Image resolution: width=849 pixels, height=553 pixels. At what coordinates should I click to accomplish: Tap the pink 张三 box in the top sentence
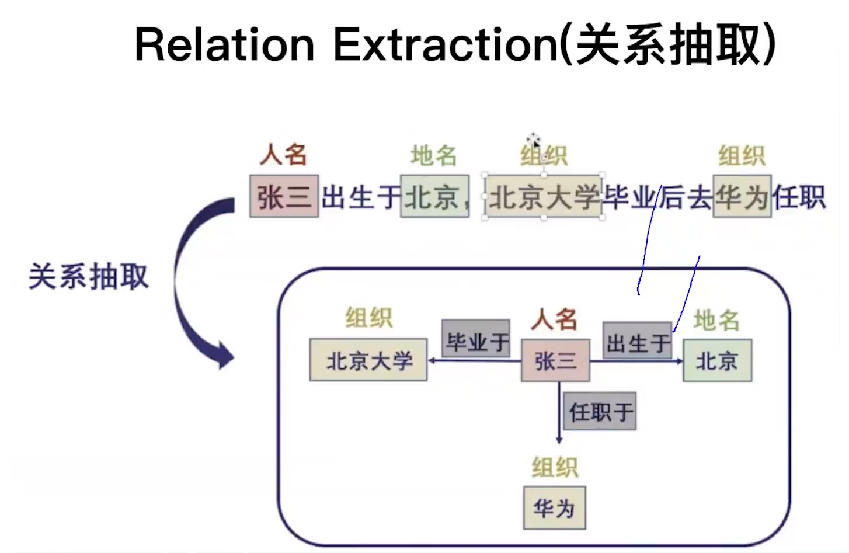pos(284,197)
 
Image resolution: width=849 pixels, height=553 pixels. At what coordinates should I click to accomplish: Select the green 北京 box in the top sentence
pos(434,197)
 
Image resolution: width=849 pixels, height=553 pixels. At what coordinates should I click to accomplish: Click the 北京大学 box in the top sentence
pos(544,197)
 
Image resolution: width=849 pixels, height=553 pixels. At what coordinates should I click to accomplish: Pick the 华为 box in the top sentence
pos(742,197)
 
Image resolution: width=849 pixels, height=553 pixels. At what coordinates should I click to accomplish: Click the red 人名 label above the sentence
pos(283,155)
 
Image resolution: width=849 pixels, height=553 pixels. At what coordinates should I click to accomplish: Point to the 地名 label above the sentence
pos(433,156)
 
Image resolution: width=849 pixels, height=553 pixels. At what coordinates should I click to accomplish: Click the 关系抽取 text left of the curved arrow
pos(89,276)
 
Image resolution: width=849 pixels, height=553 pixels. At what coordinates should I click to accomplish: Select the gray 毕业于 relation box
pos(476,339)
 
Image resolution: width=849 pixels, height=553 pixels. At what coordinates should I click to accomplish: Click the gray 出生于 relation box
pos(637,341)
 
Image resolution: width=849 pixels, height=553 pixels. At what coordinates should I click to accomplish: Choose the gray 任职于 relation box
pos(600,412)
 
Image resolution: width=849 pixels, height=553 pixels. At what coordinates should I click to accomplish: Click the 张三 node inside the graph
pos(555,361)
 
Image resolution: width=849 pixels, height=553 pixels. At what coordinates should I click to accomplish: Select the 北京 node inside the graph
pos(717,361)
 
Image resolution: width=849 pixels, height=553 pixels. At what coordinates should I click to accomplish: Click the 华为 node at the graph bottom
pos(554,508)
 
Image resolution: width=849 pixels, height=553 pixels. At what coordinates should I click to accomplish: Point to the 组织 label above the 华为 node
pos(555,468)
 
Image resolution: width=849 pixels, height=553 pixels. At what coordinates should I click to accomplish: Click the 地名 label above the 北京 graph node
pos(716,320)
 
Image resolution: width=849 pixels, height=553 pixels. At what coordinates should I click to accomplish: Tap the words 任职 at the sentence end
pos(799,197)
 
